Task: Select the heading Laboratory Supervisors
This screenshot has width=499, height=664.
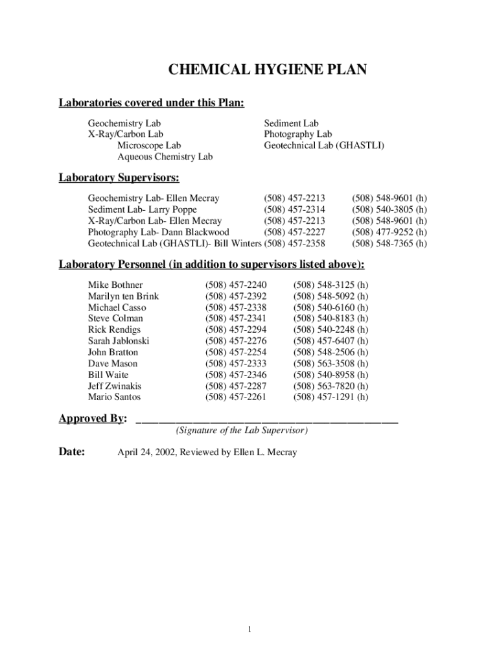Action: pyautogui.click(x=119, y=177)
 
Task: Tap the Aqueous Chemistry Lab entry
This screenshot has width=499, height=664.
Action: pyautogui.click(x=165, y=157)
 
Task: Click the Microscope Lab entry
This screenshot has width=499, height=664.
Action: pyautogui.click(x=149, y=145)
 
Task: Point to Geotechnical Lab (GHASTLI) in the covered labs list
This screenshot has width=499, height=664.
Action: pyautogui.click(x=323, y=145)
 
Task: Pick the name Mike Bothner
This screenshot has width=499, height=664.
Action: pyautogui.click(x=115, y=285)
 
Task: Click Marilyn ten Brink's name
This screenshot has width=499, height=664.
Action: pyautogui.click(x=123, y=296)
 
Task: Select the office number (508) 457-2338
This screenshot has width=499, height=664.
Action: pyautogui.click(x=235, y=307)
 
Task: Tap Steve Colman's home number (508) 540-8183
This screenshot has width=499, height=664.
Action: pyautogui.click(x=331, y=318)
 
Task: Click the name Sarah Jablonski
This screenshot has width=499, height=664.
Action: pyautogui.click(x=119, y=341)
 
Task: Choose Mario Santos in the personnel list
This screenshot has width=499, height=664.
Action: pyautogui.click(x=114, y=397)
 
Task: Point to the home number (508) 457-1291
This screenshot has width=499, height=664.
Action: pyautogui.click(x=331, y=397)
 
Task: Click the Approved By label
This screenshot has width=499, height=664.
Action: pyautogui.click(x=93, y=418)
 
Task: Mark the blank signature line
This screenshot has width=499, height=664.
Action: pyautogui.click(x=267, y=421)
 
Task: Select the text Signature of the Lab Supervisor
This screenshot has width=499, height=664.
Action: pyautogui.click(x=242, y=431)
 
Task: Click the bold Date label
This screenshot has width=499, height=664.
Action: pyautogui.click(x=72, y=452)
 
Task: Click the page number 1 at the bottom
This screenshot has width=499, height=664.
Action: pyautogui.click(x=250, y=629)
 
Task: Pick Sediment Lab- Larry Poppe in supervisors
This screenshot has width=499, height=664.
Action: pyautogui.click(x=143, y=209)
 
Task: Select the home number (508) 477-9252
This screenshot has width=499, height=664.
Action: pyautogui.click(x=389, y=232)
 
